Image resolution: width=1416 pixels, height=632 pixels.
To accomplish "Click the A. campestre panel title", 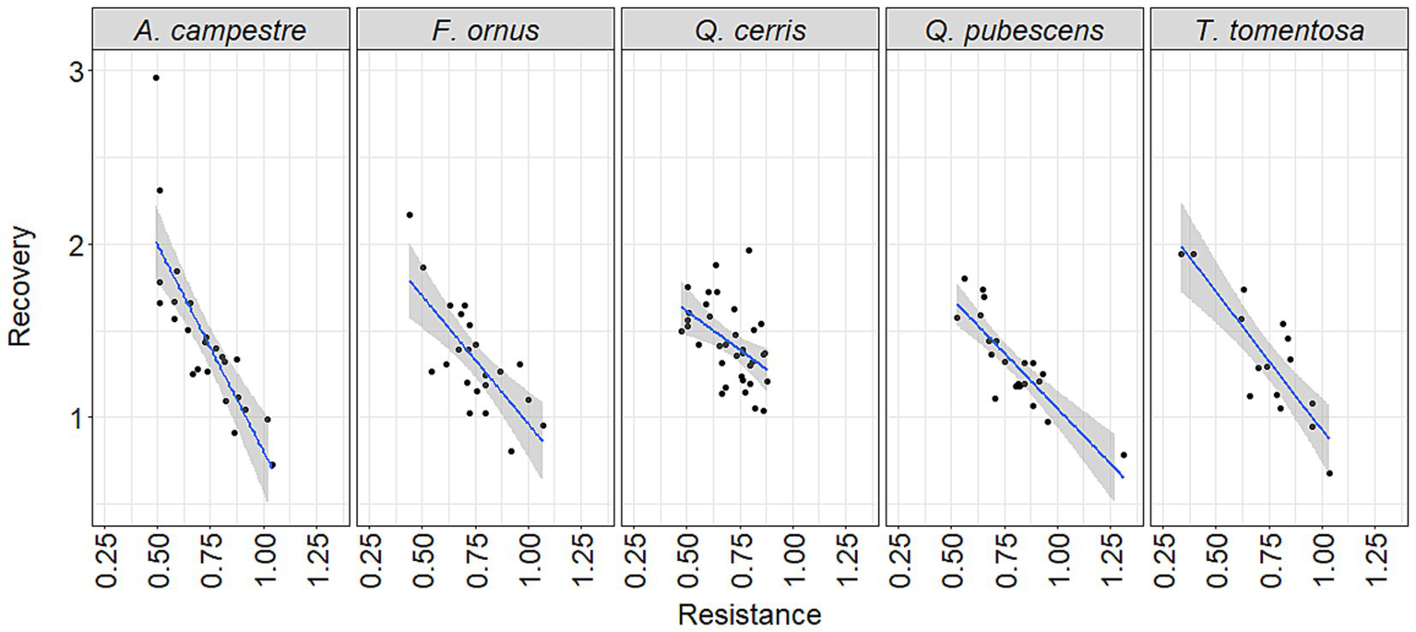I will tap(220, 30).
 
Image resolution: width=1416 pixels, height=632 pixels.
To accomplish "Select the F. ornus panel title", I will tap(485, 30).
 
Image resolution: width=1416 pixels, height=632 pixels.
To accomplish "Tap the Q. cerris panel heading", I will tap(751, 30).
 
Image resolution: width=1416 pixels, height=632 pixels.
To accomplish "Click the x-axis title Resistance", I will tap(748, 614).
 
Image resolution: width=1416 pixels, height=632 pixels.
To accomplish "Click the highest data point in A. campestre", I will tap(156, 78).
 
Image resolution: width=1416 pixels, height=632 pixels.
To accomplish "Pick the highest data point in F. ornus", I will tap(410, 215).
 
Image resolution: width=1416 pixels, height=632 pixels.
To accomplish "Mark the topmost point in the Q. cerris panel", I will tap(749, 250).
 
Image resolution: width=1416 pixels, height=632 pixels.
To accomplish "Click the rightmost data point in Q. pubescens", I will tap(1123, 455).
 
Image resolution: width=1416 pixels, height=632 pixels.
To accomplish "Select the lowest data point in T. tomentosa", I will tap(1329, 473).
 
